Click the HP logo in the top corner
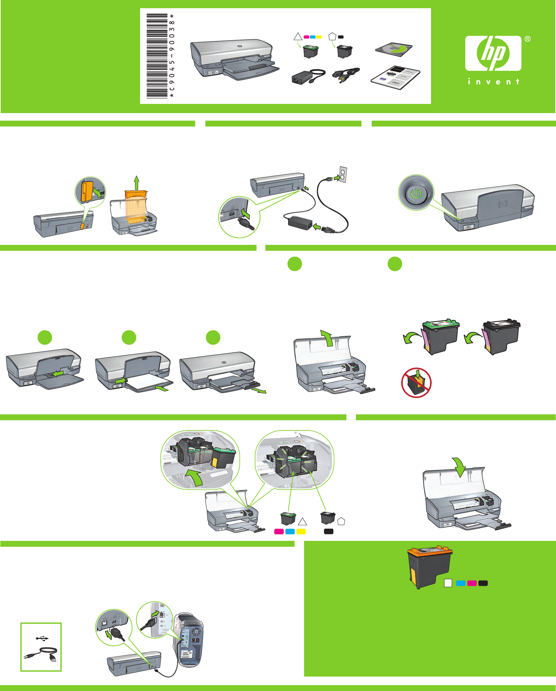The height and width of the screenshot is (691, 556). point(493,53)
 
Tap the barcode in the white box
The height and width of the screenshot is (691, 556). point(157,56)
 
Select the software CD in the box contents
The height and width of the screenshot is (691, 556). point(394,49)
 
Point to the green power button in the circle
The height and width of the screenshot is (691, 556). point(416,193)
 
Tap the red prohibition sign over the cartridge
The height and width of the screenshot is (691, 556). point(416,383)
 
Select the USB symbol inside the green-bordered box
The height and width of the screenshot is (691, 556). point(42,638)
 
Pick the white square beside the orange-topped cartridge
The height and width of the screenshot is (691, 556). point(448,583)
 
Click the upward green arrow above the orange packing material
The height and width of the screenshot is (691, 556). point(136,183)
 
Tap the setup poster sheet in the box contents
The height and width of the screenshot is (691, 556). point(395,78)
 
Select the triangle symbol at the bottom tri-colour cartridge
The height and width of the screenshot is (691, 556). point(302,522)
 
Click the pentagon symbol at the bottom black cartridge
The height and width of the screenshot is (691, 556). point(341,522)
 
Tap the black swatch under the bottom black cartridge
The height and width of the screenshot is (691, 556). point(329,531)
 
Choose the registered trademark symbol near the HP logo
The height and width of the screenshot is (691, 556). point(527,39)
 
